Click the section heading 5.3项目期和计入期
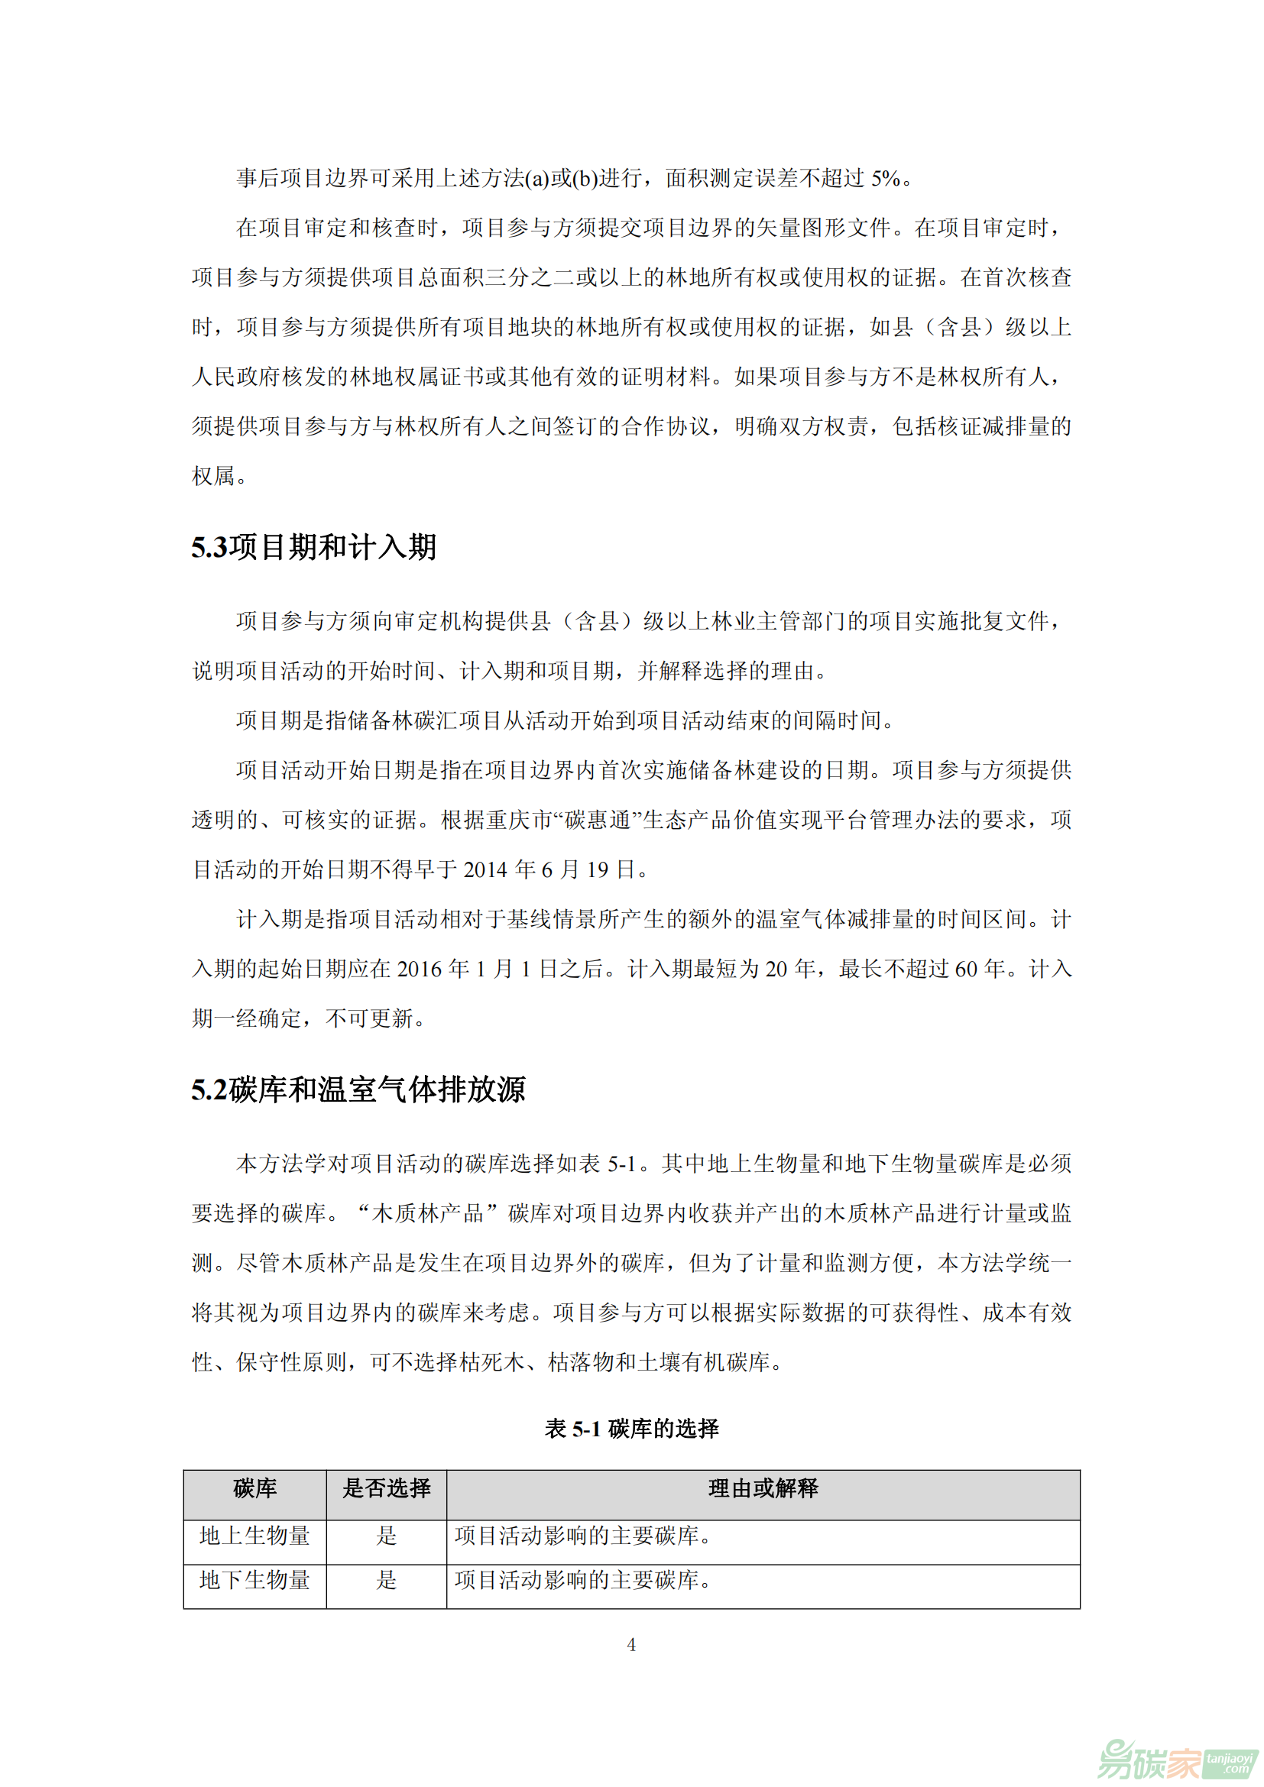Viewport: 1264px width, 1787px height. tap(313, 547)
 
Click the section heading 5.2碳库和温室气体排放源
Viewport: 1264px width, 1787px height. tap(358, 1089)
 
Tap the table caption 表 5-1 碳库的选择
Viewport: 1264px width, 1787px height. tap(631, 1428)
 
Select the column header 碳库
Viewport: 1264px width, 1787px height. tap(254, 1488)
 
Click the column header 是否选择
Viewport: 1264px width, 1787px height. tap(386, 1488)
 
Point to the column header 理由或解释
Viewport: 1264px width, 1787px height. tap(763, 1488)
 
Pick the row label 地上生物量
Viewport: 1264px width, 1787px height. tap(254, 1536)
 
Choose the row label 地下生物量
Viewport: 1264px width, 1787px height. tap(254, 1580)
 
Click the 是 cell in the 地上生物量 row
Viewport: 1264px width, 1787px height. tap(386, 1536)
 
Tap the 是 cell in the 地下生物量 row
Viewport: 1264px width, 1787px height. tap(386, 1580)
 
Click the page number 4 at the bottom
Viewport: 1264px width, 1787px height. tap(631, 1646)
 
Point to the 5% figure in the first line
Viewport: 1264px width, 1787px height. tap(886, 178)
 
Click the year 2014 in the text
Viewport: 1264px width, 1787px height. tap(485, 869)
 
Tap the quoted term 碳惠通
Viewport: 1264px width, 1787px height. tap(597, 820)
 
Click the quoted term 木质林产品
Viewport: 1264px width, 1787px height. tap(429, 1213)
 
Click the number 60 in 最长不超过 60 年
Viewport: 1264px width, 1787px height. tap(966, 969)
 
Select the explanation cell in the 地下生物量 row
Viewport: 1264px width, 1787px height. tap(763, 1580)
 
